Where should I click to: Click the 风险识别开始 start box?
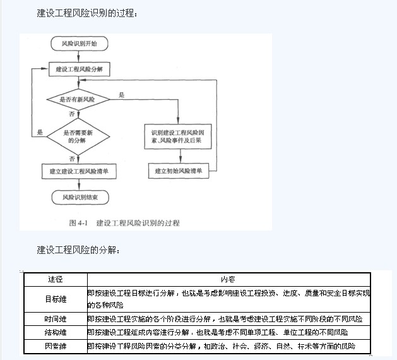tap(79, 44)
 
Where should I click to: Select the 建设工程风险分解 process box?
tap(79, 68)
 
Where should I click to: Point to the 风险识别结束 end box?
tap(79, 198)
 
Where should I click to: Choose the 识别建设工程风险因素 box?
tap(178, 137)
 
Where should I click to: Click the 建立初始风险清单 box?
tap(179, 171)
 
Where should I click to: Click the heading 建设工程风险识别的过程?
tap(86, 13)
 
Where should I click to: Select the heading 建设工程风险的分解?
tap(78, 249)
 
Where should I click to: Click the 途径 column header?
tap(56, 279)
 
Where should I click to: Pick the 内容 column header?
tap(228, 279)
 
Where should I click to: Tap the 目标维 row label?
tap(56, 298)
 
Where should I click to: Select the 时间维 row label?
tap(56, 319)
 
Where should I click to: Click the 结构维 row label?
tap(56, 332)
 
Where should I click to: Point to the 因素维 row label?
tap(56, 346)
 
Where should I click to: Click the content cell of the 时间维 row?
tap(228, 319)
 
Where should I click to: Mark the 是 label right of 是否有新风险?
tap(121, 95)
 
